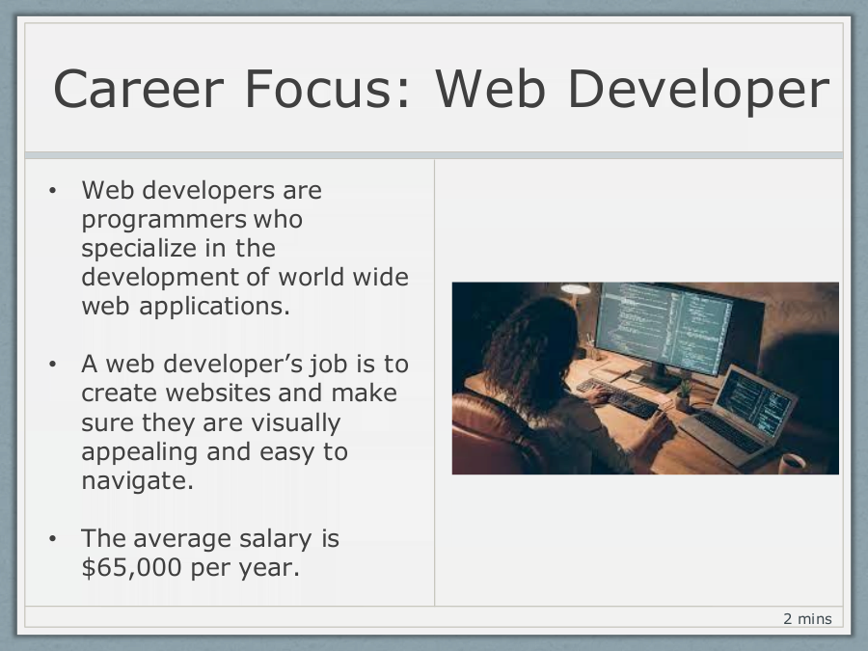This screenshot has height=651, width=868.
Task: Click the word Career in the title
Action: [138, 89]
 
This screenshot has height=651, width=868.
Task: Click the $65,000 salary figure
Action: [132, 567]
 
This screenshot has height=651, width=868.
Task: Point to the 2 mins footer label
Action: [807, 618]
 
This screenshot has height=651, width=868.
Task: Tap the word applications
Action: [214, 307]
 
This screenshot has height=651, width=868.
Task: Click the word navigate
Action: [137, 481]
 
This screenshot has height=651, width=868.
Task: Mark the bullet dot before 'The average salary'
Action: [53, 538]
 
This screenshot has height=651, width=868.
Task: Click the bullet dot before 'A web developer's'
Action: [53, 365]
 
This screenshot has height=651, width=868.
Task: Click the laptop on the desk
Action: [739, 415]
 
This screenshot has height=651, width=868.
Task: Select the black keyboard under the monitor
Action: [618, 397]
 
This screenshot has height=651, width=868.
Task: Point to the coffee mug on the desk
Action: [792, 463]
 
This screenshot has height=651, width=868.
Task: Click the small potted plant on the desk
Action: [684, 395]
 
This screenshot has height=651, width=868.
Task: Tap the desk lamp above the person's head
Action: [575, 288]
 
